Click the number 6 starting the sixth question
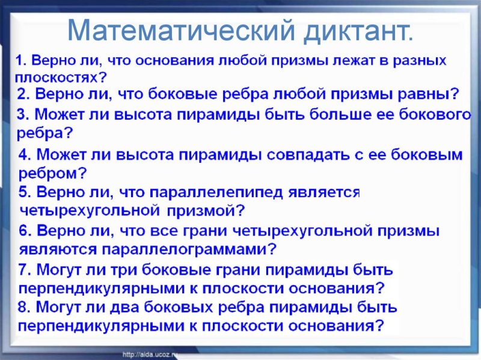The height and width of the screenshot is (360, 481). click(x=23, y=230)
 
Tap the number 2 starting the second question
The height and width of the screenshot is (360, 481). click(x=22, y=94)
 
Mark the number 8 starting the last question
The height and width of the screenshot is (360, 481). click(x=23, y=307)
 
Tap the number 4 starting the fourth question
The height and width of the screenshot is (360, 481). click(x=23, y=154)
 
